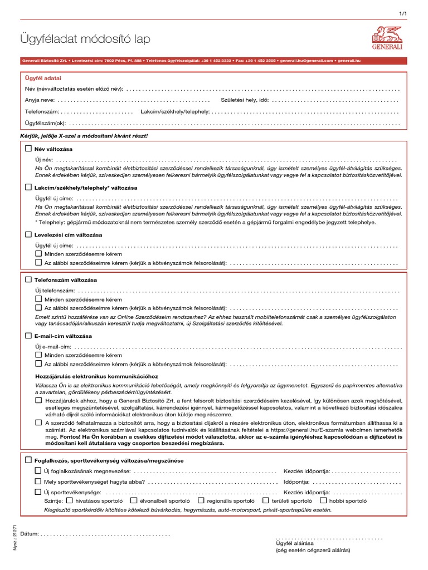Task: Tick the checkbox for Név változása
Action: (28, 149)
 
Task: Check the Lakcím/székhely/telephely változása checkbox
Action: (28, 188)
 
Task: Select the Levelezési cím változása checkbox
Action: (28, 235)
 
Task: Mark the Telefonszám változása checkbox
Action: (28, 279)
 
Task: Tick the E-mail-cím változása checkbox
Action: (28, 336)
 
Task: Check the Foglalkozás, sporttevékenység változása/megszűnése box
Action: (28, 460)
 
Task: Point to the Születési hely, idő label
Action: (245, 100)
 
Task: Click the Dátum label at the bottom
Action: (29, 534)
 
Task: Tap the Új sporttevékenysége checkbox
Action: (38, 492)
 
